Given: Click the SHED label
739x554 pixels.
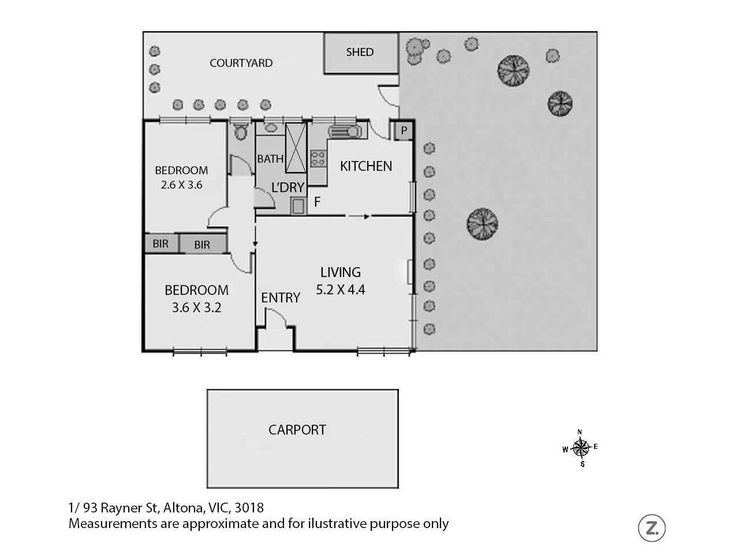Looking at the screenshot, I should pos(360,52).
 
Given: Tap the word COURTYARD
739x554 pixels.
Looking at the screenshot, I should pos(241,63).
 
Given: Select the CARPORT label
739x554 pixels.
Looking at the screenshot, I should pos(297,430).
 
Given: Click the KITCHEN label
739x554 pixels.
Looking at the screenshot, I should pos(366,166).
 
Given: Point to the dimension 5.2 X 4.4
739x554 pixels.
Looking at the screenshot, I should pos(341,290).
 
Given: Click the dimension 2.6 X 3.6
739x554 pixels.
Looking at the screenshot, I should pos(181,185).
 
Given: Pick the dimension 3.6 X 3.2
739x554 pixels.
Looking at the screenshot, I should pos(196,308).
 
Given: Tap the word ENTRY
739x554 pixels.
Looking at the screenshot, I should pos(281,298).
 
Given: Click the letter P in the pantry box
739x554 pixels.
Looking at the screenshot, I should pos(404,131).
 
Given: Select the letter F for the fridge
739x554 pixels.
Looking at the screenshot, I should pos(317,203).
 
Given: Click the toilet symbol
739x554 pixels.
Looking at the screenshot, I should pos(241,132).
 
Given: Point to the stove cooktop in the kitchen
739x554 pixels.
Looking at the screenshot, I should pos(318,158).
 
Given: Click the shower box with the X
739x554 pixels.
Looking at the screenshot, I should pos(296,147).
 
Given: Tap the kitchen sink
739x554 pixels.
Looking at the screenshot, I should pos(345,132).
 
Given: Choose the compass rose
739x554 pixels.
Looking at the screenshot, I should pos(581,447).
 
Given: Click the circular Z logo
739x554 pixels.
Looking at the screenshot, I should pos(652,527).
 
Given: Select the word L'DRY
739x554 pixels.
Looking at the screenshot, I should pos(288,188).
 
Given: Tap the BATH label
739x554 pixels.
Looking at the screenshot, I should pos(270,159).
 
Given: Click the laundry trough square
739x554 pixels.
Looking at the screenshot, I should pos(298,205).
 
